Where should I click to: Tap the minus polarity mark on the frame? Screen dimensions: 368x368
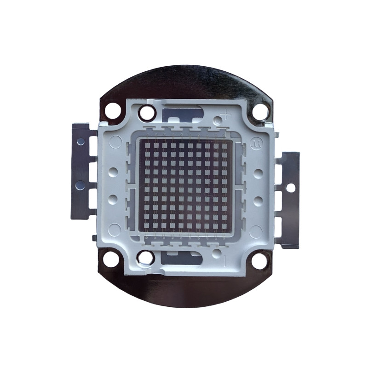[224, 260]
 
